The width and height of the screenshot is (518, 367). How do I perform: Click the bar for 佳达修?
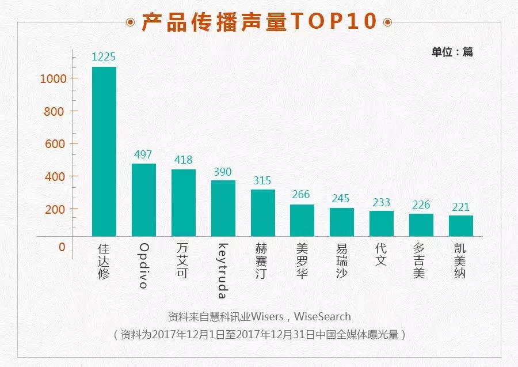(104, 151)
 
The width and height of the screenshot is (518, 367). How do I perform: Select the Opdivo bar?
(144, 199)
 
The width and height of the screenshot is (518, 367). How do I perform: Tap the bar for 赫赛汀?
(263, 213)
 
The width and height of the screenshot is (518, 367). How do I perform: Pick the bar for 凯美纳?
(461, 226)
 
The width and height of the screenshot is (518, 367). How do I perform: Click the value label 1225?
(104, 57)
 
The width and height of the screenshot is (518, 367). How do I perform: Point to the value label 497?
(144, 154)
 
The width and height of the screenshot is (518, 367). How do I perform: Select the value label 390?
(223, 172)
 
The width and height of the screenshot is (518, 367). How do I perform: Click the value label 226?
(421, 205)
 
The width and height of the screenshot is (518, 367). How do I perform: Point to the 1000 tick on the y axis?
(54, 78)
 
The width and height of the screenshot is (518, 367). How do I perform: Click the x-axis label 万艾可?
(183, 260)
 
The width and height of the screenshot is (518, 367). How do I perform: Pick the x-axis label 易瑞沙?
(342, 260)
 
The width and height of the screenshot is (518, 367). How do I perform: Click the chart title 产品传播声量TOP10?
(259, 21)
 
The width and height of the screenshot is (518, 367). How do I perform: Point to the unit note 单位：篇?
(452, 52)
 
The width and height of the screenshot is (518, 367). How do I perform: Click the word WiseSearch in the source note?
(322, 316)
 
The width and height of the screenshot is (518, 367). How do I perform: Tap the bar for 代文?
(382, 224)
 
